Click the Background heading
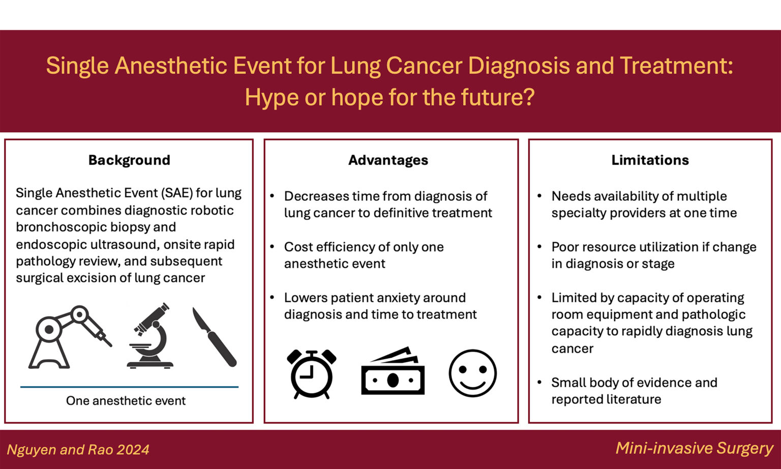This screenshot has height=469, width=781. [129, 160]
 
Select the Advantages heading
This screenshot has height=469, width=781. [388, 160]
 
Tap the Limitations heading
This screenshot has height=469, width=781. [650, 160]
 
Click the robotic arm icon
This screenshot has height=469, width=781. [70, 337]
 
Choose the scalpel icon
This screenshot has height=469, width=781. [215, 337]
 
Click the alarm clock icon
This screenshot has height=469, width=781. [311, 374]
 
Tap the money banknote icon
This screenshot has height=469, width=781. [393, 371]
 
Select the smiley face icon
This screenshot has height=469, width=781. [472, 373]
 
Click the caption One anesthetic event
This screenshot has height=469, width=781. [126, 401]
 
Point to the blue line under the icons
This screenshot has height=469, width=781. [129, 387]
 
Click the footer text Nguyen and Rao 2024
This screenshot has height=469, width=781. [78, 450]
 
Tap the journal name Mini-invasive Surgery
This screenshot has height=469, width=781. [694, 449]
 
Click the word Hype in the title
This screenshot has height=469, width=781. [272, 97]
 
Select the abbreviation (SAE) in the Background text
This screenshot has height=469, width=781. [177, 193]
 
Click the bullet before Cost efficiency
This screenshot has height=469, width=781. [273, 247]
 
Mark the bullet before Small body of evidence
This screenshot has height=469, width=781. [539, 383]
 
